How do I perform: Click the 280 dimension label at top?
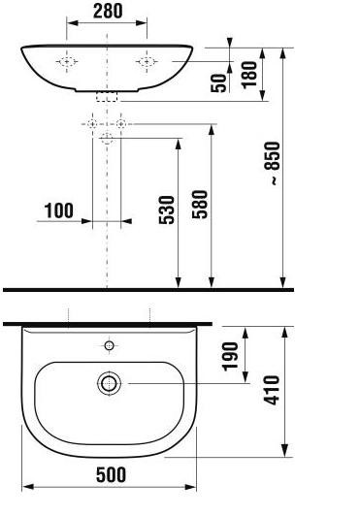[x=108, y=11]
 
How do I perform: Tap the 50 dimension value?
[x=218, y=83]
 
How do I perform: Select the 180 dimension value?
[x=249, y=75]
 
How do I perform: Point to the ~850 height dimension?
[x=272, y=163]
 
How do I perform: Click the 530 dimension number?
[x=167, y=210]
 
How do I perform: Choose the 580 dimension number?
[x=200, y=205]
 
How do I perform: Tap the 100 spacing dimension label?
[x=58, y=210]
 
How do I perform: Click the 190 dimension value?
[x=230, y=356]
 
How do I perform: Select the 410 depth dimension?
[x=272, y=390]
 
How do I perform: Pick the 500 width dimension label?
[x=111, y=474]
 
